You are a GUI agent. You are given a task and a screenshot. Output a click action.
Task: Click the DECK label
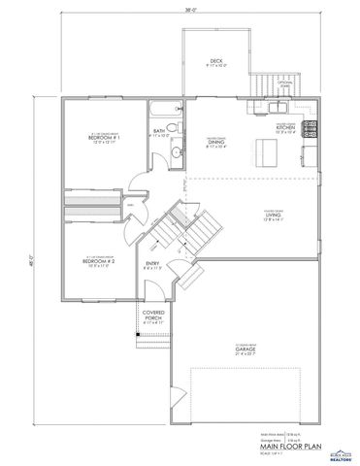tap(215, 61)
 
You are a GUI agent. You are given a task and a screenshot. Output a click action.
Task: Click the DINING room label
tap(215, 142)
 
